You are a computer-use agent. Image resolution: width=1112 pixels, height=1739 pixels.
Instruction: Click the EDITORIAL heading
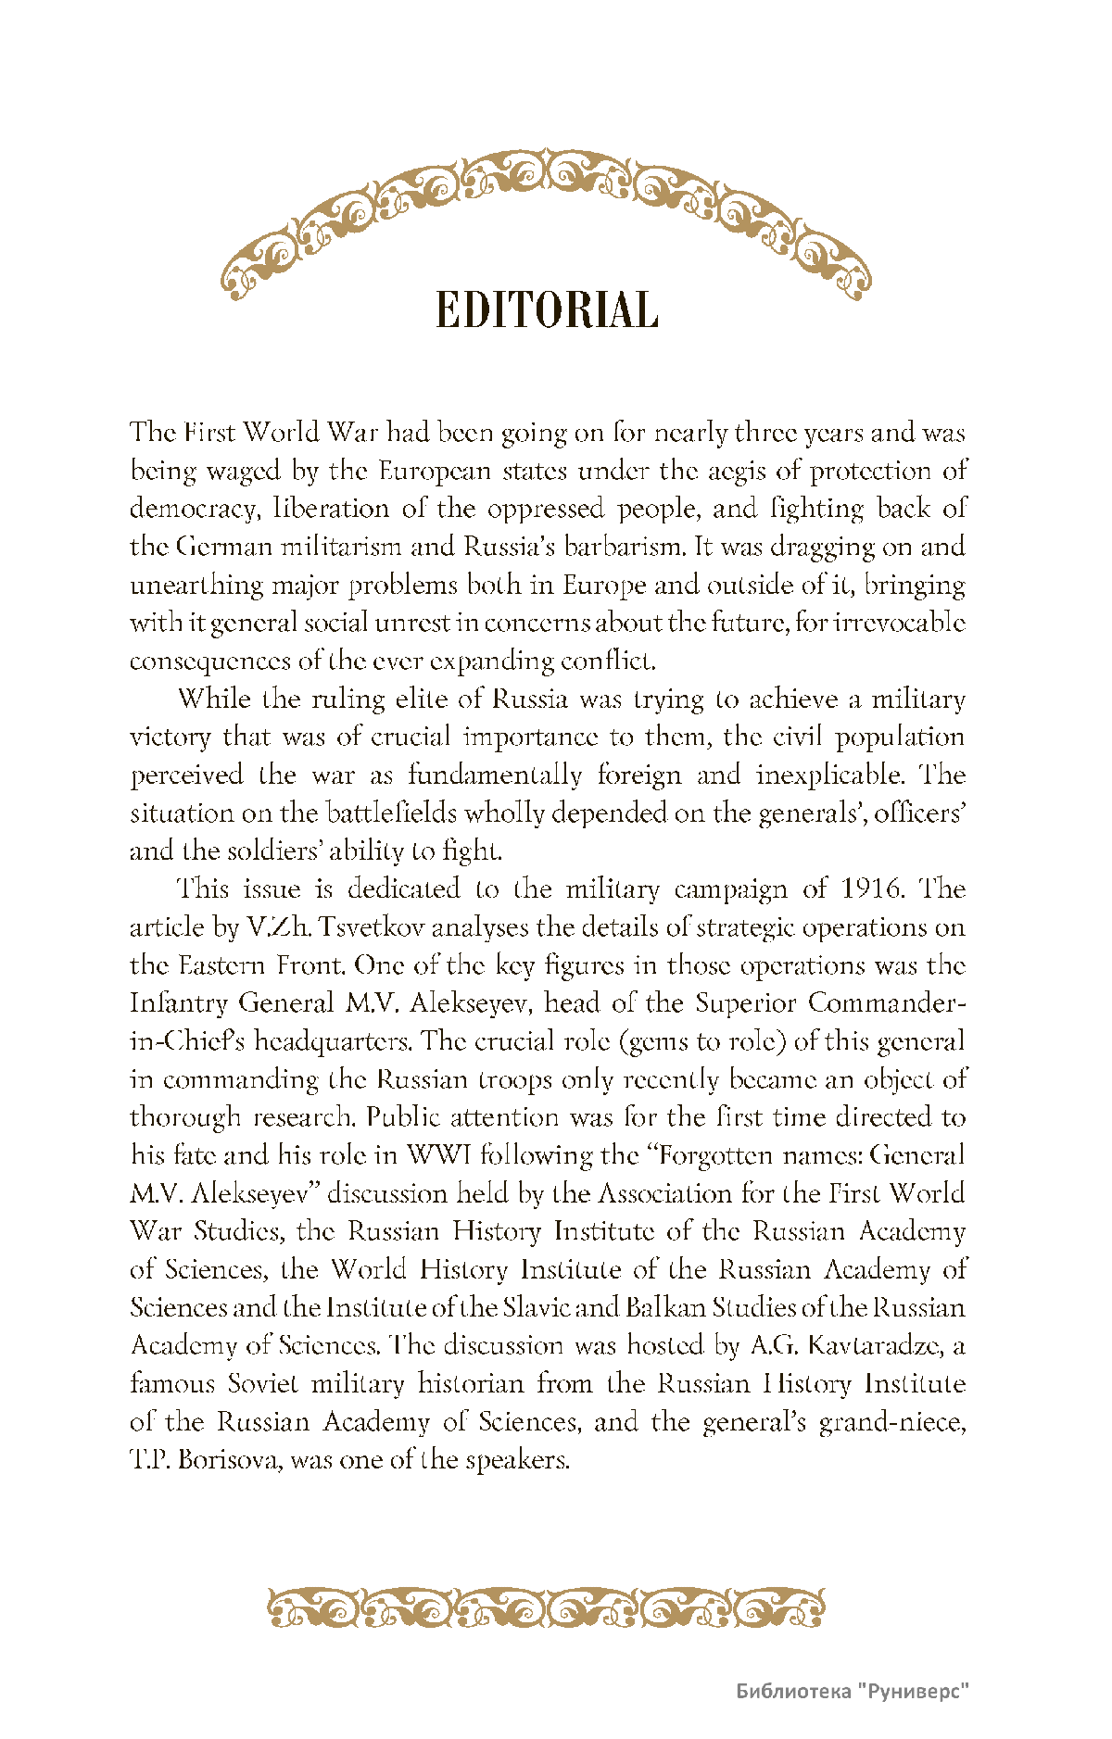tap(547, 310)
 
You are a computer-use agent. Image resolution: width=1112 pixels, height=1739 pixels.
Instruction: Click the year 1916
tap(871, 889)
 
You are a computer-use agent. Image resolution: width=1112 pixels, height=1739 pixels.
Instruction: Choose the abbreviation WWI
tap(439, 1155)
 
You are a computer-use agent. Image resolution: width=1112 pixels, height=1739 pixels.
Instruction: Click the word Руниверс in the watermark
tap(913, 1691)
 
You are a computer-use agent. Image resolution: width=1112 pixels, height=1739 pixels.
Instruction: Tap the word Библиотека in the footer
tap(793, 1691)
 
